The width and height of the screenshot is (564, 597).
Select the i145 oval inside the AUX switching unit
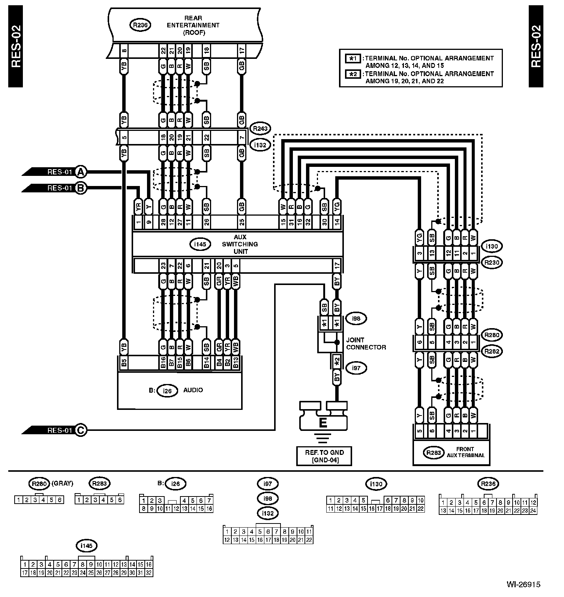[x=200, y=244]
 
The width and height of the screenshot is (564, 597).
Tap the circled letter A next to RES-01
[x=81, y=172]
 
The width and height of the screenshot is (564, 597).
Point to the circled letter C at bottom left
[x=81, y=430]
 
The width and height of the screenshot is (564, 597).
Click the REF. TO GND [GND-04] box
[x=324, y=456]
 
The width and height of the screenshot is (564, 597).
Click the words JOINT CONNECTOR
[x=366, y=343]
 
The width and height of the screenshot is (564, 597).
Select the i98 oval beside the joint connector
[x=356, y=319]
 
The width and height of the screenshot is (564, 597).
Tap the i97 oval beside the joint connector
[x=356, y=368]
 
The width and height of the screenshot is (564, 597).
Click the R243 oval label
[x=260, y=129]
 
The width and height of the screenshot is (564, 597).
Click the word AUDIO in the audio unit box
[x=193, y=390]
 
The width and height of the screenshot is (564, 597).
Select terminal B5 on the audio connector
[x=124, y=363]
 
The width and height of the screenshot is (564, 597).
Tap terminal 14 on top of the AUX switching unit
[x=337, y=222]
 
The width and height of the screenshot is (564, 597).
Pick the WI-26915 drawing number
[x=523, y=584]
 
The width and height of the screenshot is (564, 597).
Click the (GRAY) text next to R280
[x=62, y=483]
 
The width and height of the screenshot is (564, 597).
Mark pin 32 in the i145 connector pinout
[x=149, y=573]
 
